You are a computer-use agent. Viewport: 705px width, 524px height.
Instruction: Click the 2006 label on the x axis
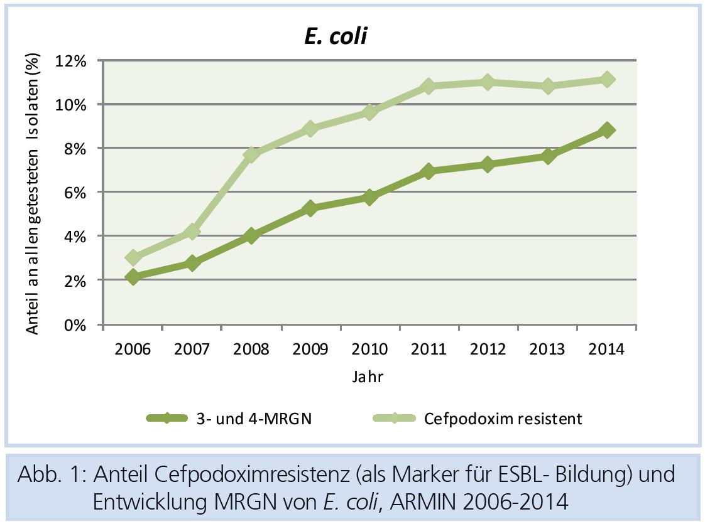pyautogui.click(x=133, y=350)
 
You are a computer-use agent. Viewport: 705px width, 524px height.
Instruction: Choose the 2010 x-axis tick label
pyautogui.click(x=369, y=350)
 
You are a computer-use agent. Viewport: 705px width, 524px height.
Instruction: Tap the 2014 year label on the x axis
pyautogui.click(x=606, y=350)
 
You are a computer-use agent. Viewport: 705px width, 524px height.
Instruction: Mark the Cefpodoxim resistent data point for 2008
pyautogui.click(x=251, y=154)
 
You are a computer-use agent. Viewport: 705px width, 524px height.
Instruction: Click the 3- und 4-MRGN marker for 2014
pyautogui.click(x=606, y=130)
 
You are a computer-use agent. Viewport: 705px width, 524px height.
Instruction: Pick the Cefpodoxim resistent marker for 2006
pyautogui.click(x=133, y=258)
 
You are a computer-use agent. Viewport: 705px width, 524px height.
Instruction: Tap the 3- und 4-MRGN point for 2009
pyautogui.click(x=310, y=208)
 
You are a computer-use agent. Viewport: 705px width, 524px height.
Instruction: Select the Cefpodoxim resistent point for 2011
pyautogui.click(x=429, y=86)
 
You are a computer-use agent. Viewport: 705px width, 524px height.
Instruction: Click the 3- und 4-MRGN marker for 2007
pyautogui.click(x=192, y=263)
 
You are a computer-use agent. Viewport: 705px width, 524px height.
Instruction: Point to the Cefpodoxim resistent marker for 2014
pyautogui.click(x=606, y=80)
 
